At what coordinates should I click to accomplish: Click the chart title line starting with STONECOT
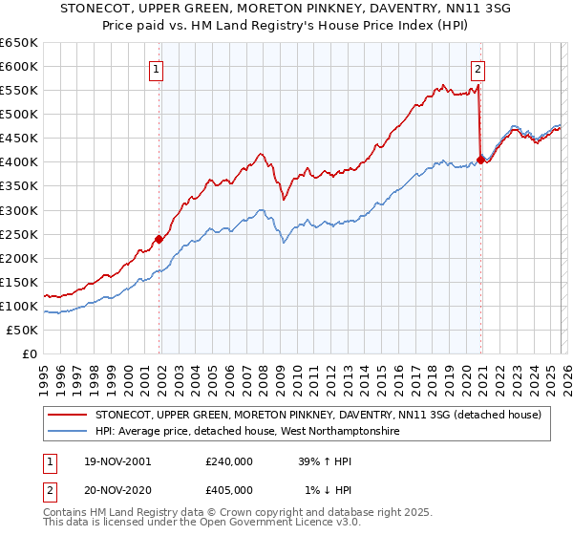286,9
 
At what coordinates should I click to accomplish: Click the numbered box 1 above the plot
156,68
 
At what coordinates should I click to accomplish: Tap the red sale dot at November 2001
159,239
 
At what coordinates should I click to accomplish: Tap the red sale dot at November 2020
480,160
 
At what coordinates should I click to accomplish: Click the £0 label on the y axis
29,353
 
